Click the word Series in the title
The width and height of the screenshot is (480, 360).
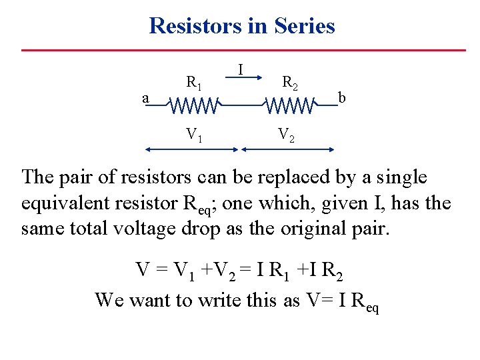(x=304, y=26)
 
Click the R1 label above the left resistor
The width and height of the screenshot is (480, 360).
(x=194, y=83)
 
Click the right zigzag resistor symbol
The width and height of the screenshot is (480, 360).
(x=290, y=106)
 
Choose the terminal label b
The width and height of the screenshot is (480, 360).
(x=341, y=98)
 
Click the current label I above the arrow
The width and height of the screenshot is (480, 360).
(x=240, y=68)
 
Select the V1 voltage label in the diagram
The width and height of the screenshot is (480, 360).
(x=195, y=135)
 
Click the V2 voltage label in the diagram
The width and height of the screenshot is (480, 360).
(x=286, y=135)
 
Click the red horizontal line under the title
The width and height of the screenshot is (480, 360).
(x=243, y=50)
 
